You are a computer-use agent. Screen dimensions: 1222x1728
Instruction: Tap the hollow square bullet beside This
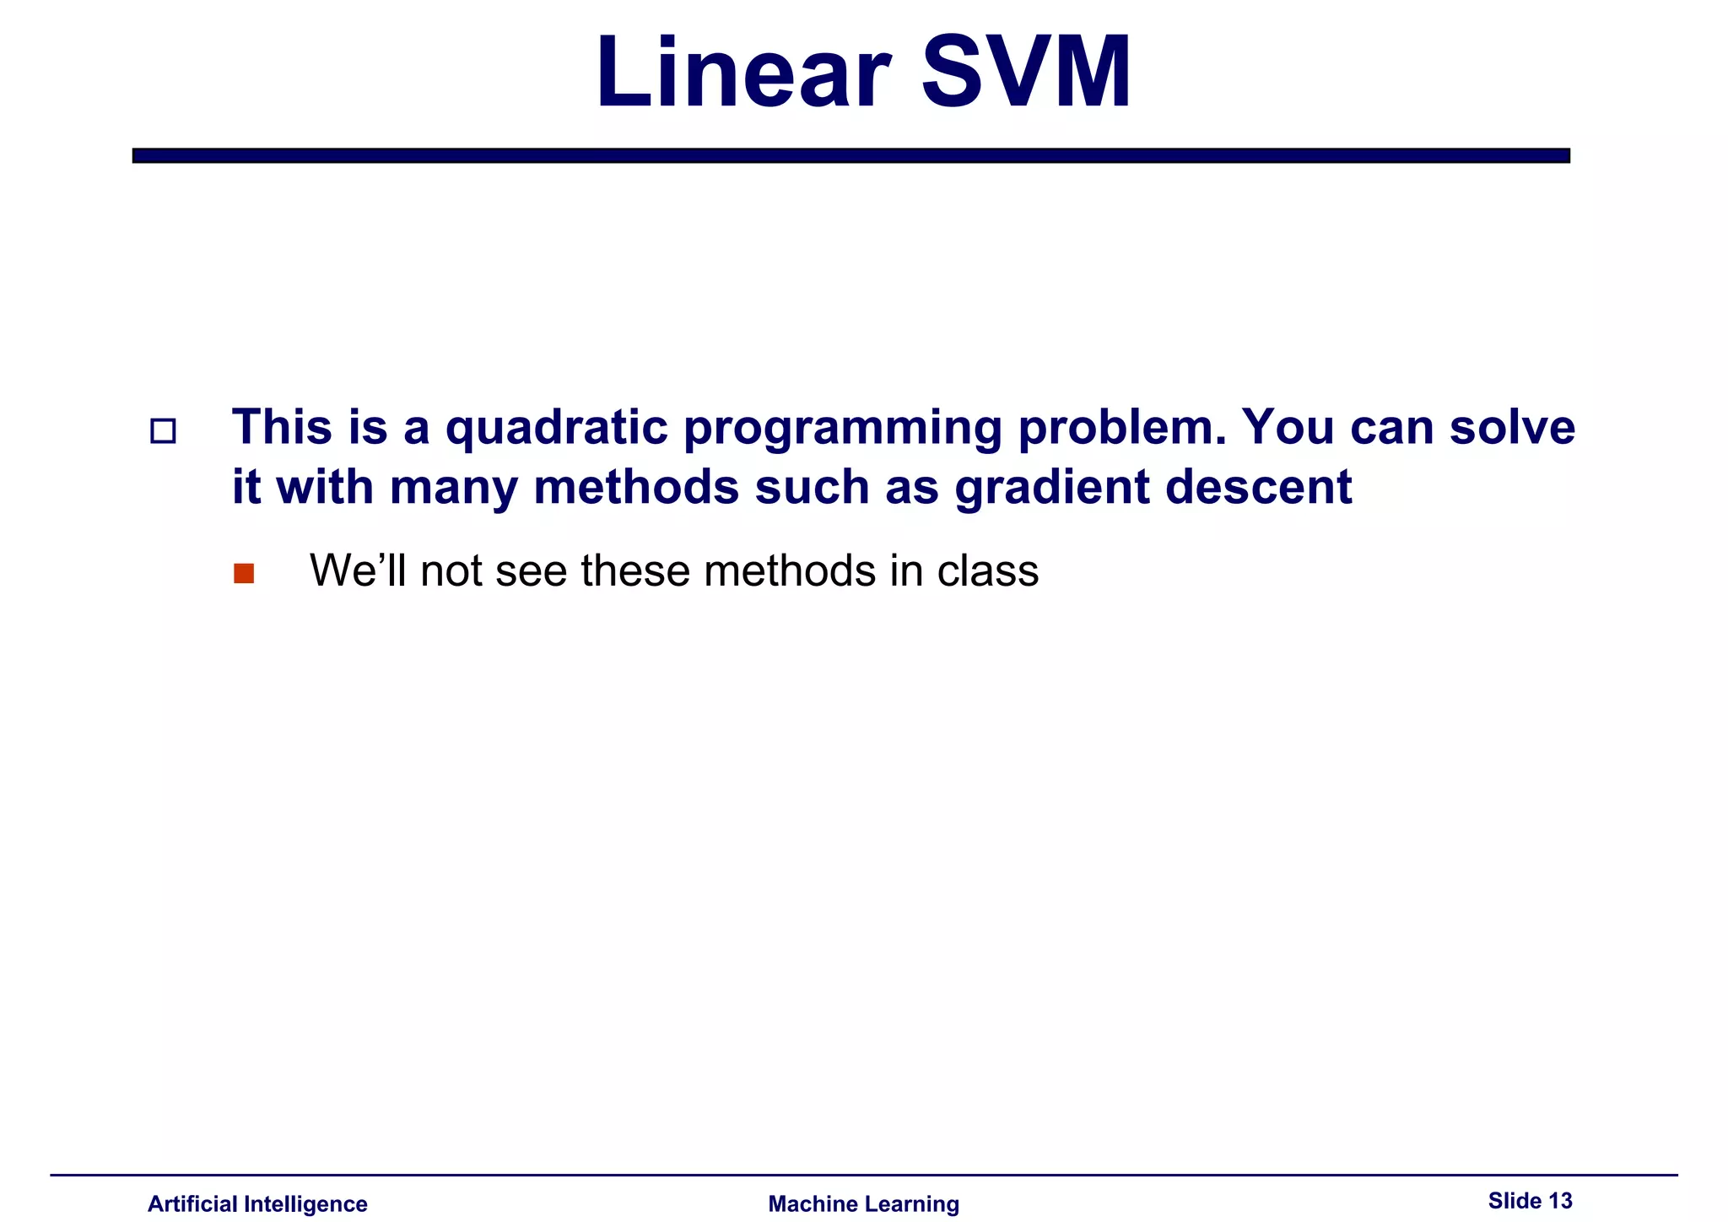tap(163, 432)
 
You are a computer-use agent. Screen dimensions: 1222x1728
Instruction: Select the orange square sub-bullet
tap(244, 574)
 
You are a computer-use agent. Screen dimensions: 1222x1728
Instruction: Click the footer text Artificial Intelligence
tap(257, 1204)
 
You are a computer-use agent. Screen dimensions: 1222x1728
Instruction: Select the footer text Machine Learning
tap(863, 1204)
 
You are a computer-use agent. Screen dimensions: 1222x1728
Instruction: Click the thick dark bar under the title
tap(850, 155)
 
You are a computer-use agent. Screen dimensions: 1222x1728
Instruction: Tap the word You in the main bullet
tap(1288, 427)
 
